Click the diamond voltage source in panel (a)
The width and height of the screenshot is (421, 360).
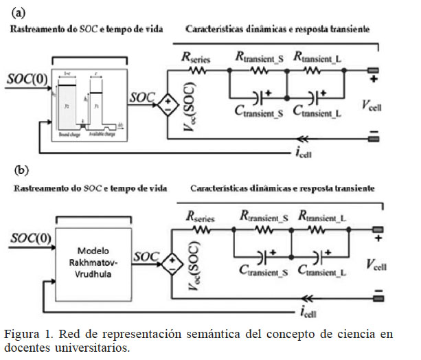pos(166,104)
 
